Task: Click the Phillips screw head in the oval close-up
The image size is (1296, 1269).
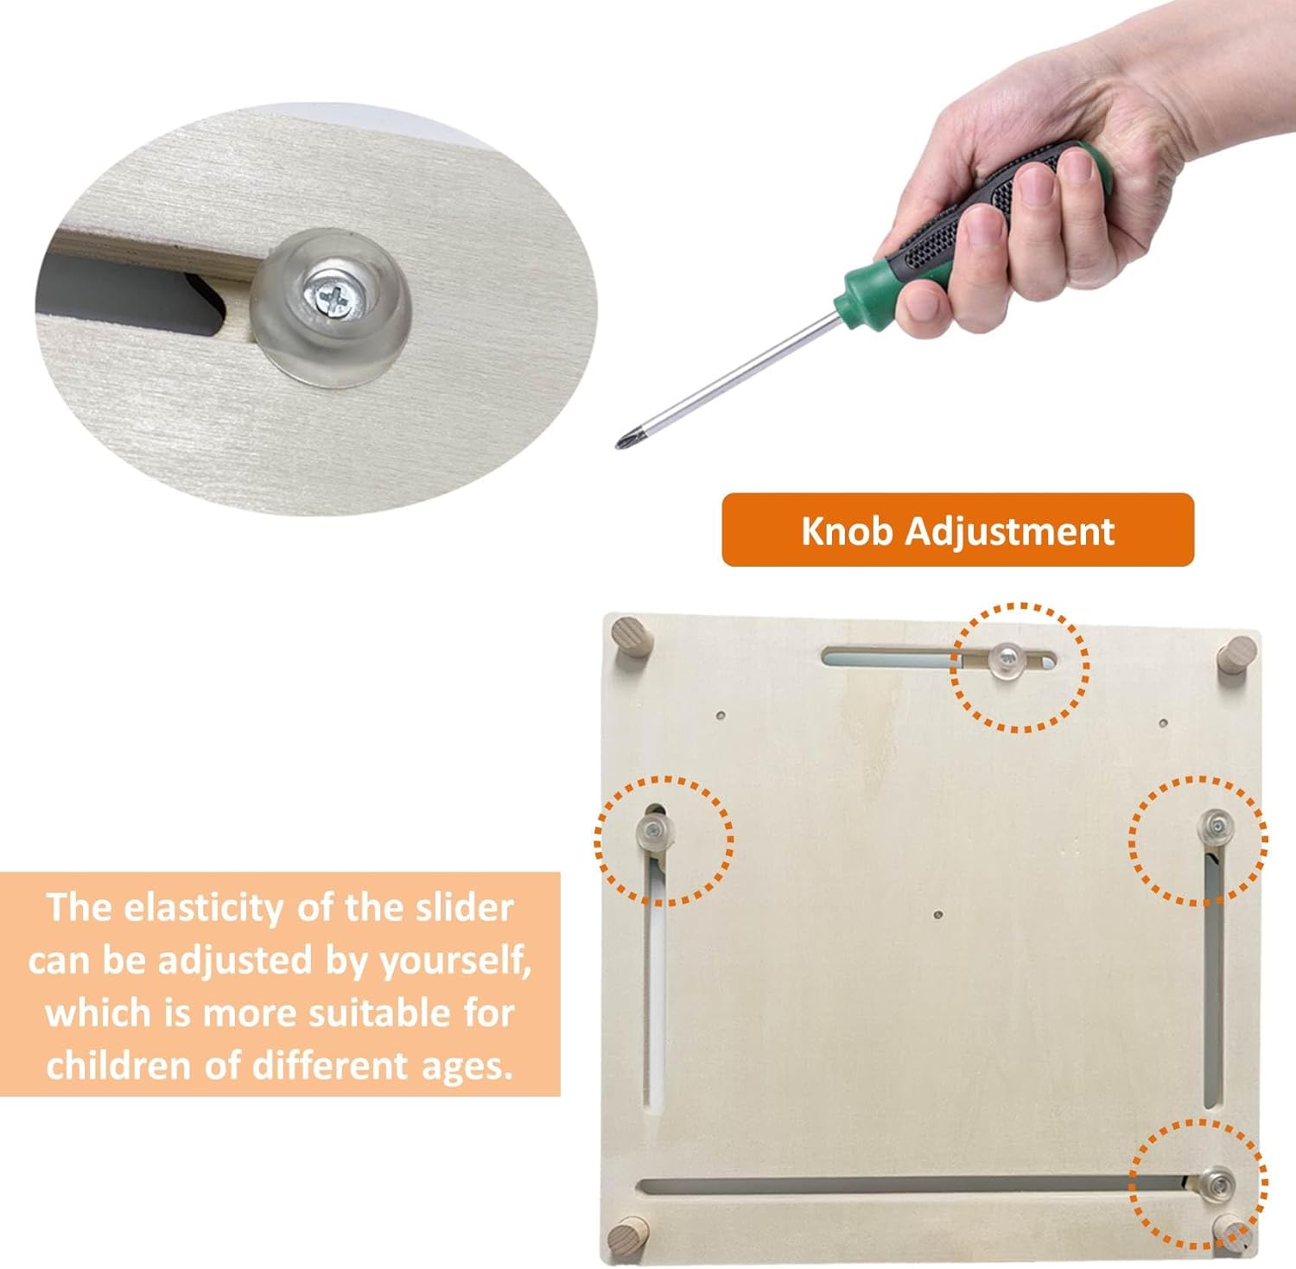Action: [x=331, y=295]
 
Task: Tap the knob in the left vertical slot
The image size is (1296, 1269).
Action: [x=652, y=831]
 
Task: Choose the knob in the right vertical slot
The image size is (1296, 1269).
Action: [x=1217, y=826]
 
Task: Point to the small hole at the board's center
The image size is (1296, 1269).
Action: [x=938, y=914]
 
